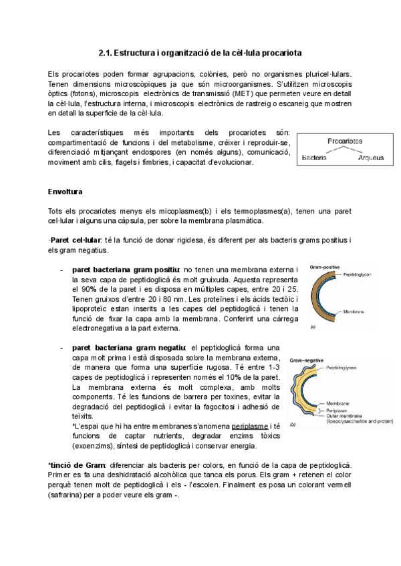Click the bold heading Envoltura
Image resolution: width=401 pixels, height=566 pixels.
pyautogui.click(x=65, y=192)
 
